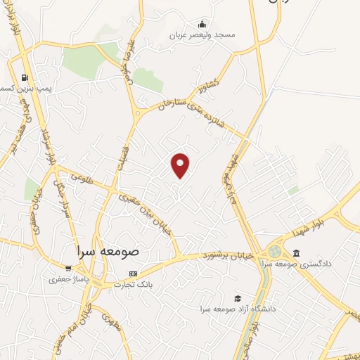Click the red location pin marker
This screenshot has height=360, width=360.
[181, 165]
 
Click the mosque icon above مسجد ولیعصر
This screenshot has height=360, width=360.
[202, 24]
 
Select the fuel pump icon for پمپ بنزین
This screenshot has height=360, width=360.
[25, 78]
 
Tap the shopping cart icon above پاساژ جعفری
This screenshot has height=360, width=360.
[67, 268]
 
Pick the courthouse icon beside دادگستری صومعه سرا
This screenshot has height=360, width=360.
[296, 253]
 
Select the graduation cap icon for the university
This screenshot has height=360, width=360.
[237, 298]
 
